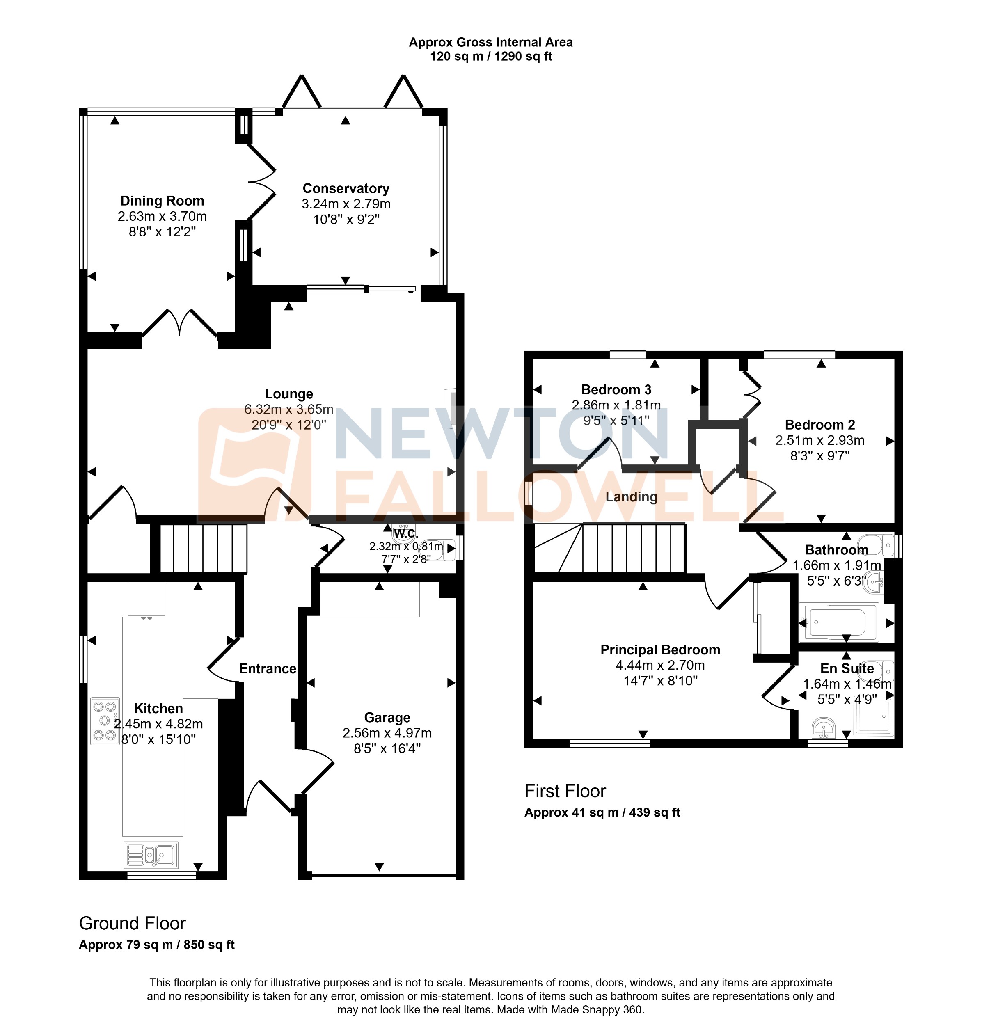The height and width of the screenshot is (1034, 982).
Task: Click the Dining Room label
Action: [x=162, y=201]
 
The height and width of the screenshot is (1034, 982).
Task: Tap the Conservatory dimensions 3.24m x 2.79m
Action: [x=346, y=204]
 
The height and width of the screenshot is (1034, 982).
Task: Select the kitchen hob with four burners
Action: [x=105, y=721]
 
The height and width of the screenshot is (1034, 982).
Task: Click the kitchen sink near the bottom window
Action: [x=151, y=855]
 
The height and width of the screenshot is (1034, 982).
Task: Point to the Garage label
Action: [x=387, y=717]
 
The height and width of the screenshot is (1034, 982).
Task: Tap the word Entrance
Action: [x=268, y=669]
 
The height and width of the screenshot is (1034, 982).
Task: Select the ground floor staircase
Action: [x=203, y=549]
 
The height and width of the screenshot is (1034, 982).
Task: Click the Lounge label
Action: [x=288, y=394]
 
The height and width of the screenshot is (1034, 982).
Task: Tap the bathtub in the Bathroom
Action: [x=838, y=622]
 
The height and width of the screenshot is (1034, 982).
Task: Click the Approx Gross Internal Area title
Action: [x=490, y=42]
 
